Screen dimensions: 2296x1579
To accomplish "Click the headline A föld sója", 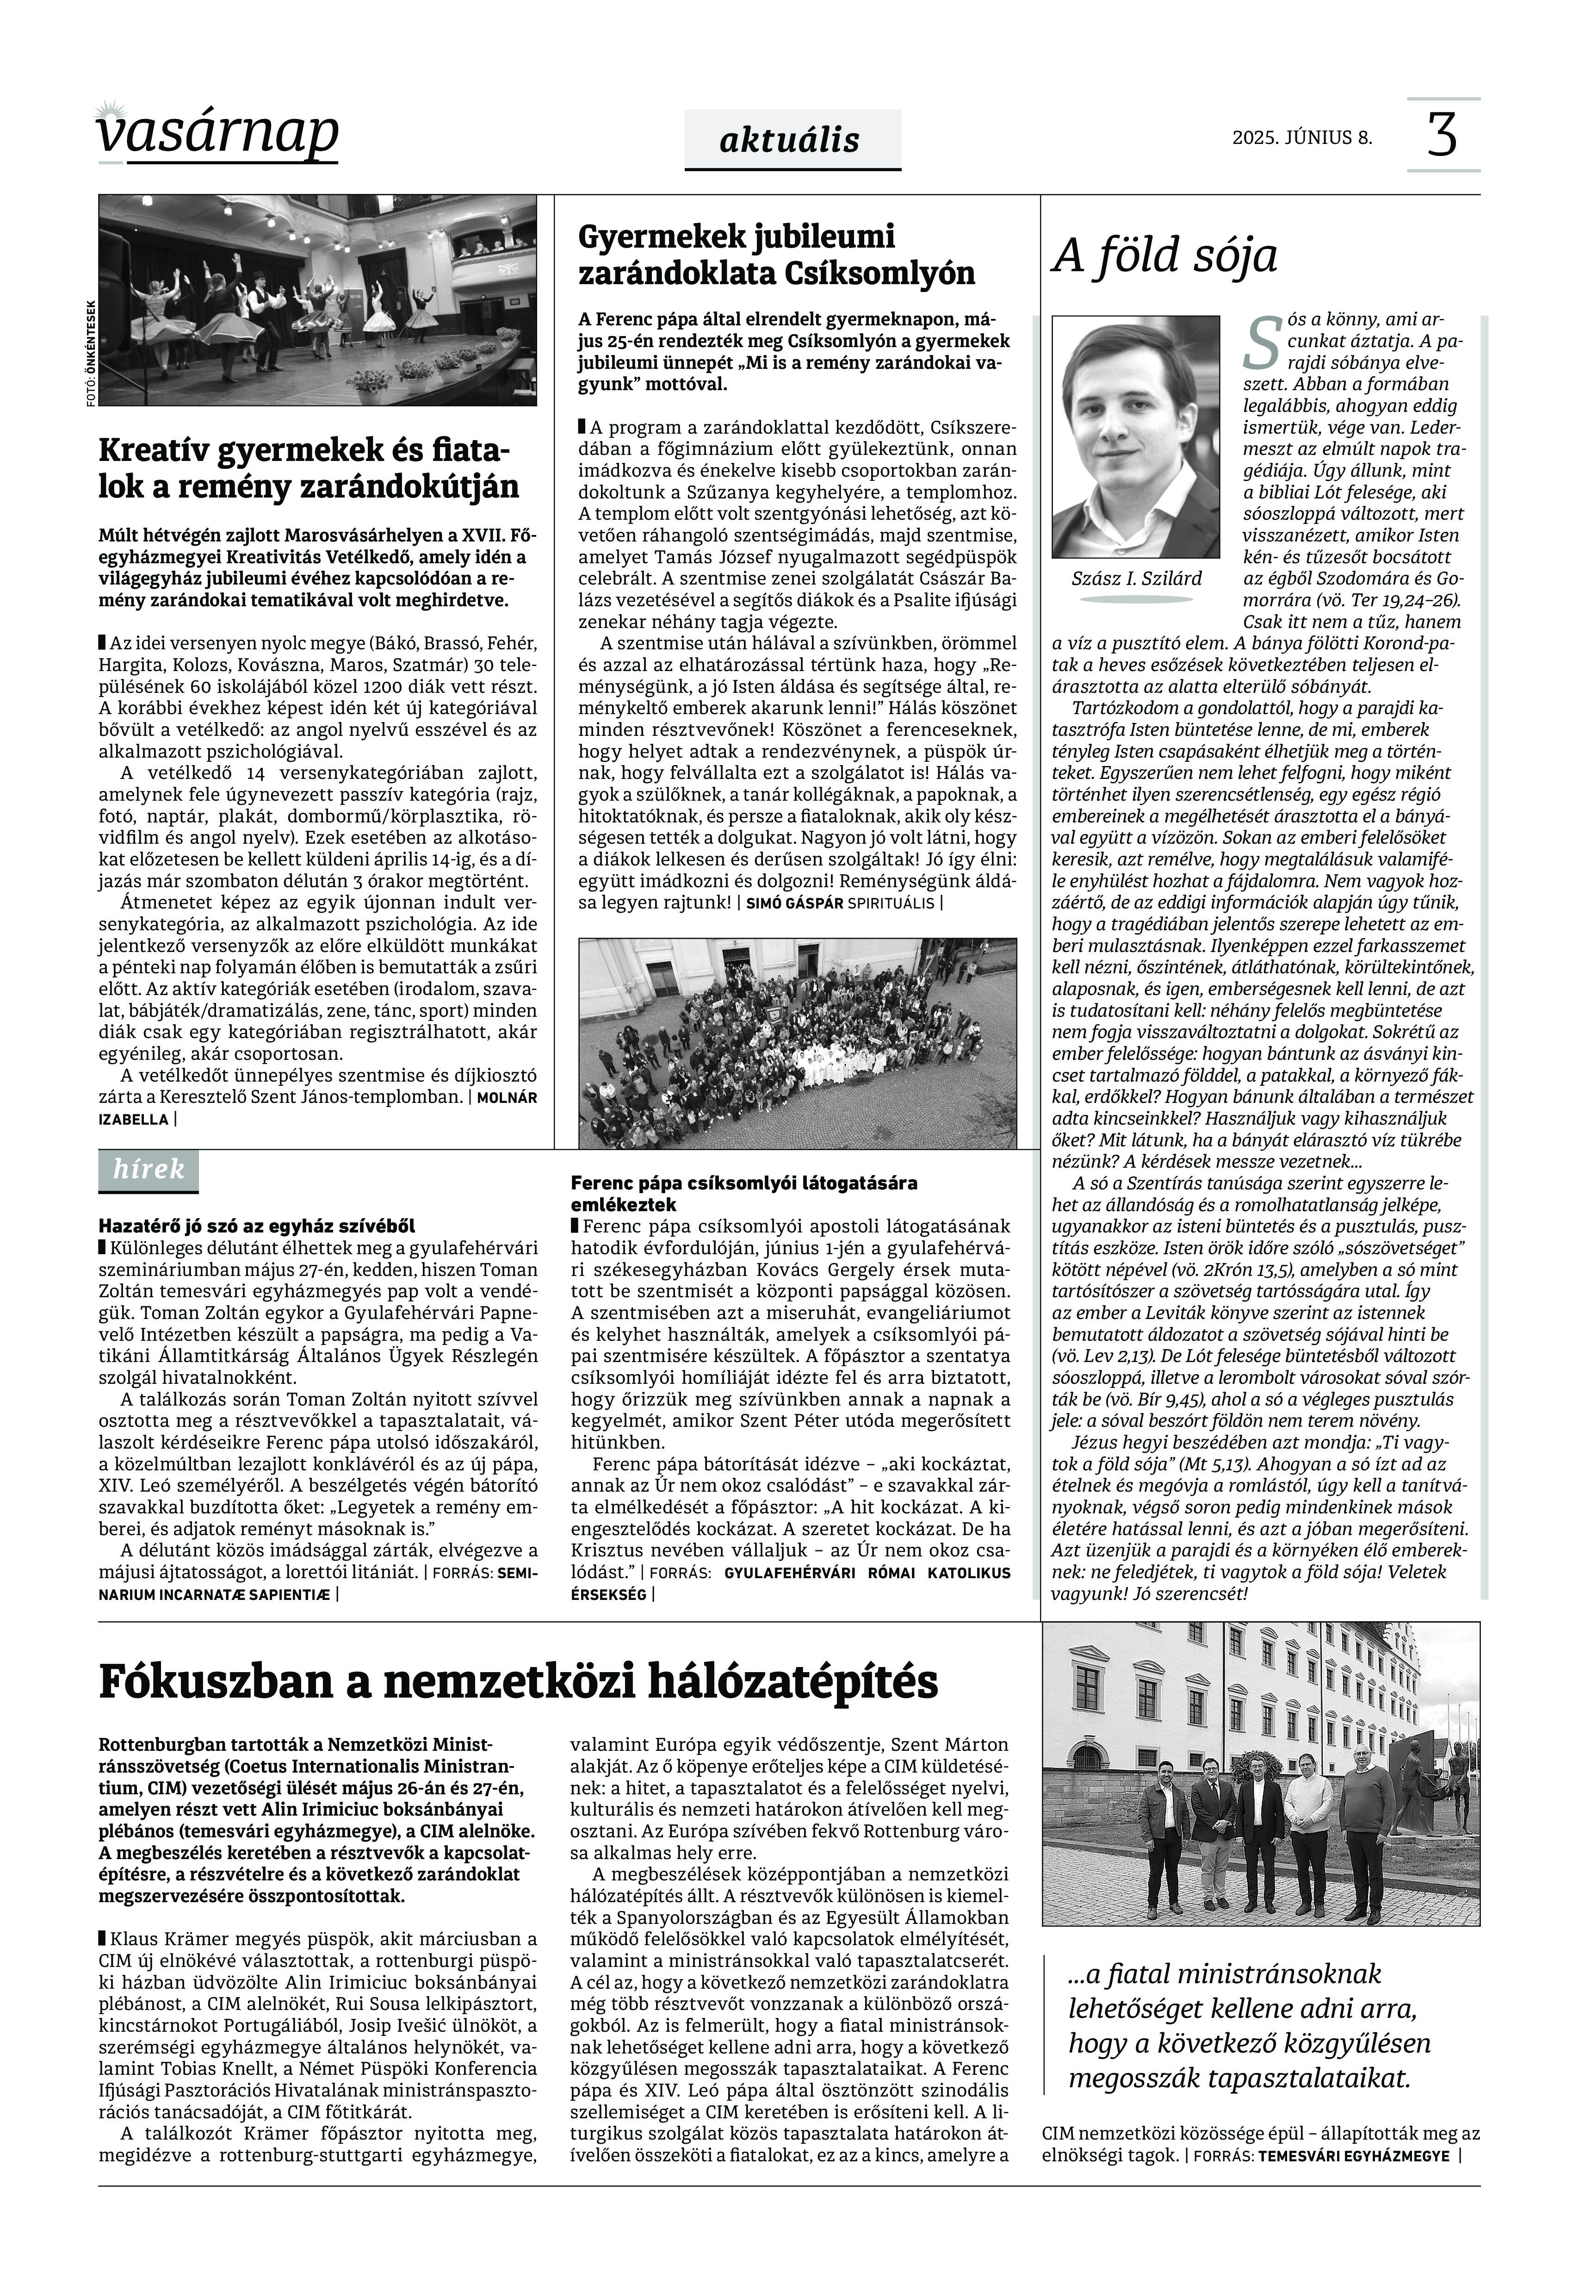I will [x=1164, y=255].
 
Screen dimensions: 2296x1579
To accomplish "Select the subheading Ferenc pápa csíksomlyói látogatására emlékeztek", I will [x=744, y=1193].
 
